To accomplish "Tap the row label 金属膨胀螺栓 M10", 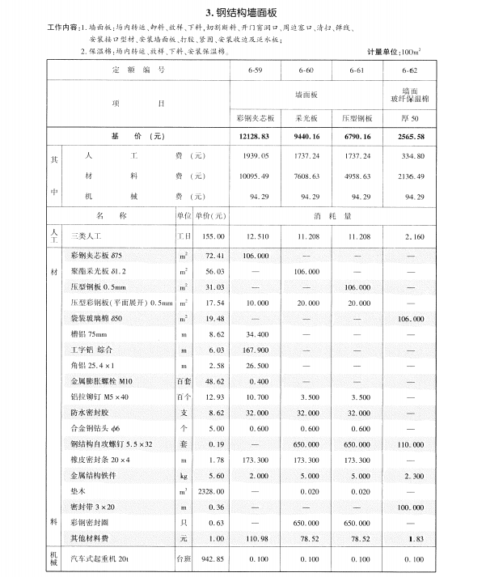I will pyautogui.click(x=100, y=379).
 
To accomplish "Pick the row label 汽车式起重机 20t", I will pyautogui.click(x=103, y=558).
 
